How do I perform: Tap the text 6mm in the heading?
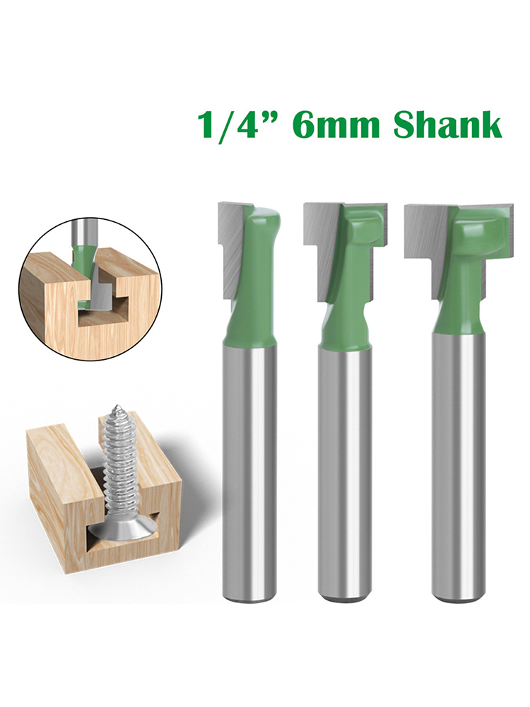[336, 125]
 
